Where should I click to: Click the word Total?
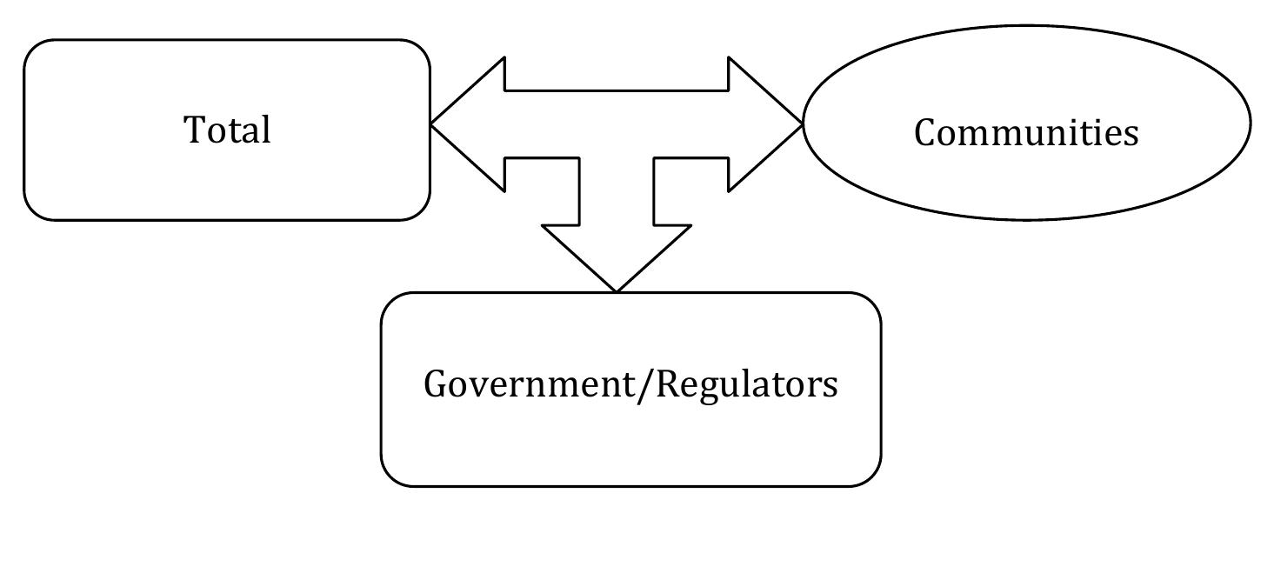227,130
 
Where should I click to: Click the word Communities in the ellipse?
1026,133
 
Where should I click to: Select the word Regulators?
746,383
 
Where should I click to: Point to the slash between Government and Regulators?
644,384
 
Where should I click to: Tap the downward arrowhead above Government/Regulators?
616,257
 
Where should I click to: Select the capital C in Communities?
925,133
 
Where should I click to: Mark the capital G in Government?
435,383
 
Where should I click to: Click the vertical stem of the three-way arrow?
616,191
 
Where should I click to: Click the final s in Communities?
1131,134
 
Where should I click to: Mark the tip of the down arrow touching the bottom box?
616,290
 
